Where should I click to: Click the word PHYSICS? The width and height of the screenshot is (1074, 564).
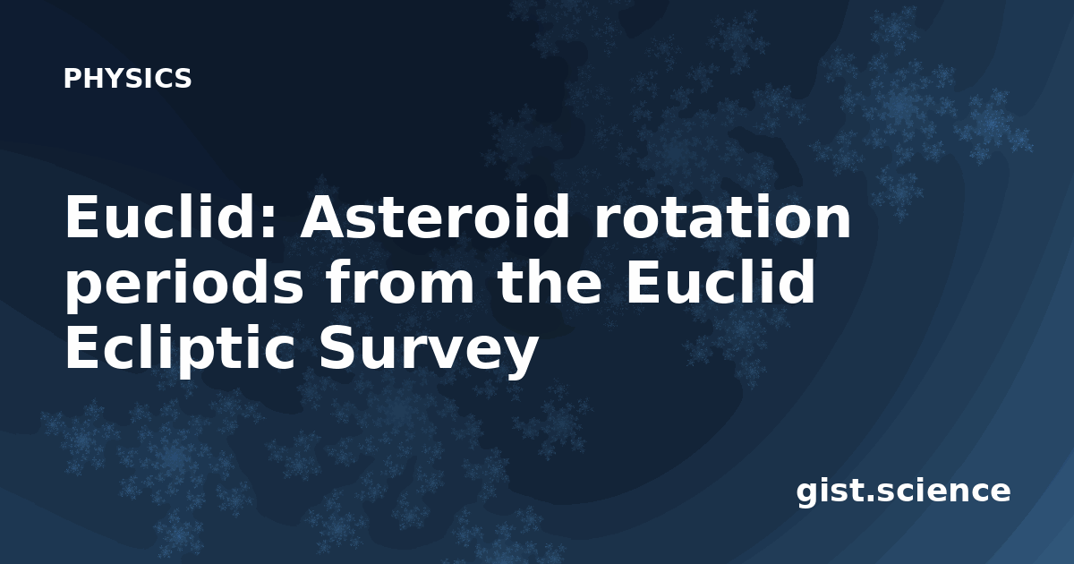point(127,78)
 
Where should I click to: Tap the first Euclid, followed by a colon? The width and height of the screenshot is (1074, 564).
point(171,216)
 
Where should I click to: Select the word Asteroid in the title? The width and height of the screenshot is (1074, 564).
point(435,217)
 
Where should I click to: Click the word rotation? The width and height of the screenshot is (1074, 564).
point(722,218)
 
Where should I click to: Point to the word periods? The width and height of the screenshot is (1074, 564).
point(184,283)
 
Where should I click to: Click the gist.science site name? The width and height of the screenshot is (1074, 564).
point(903,491)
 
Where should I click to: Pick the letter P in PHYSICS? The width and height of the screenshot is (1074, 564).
point(72,78)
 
